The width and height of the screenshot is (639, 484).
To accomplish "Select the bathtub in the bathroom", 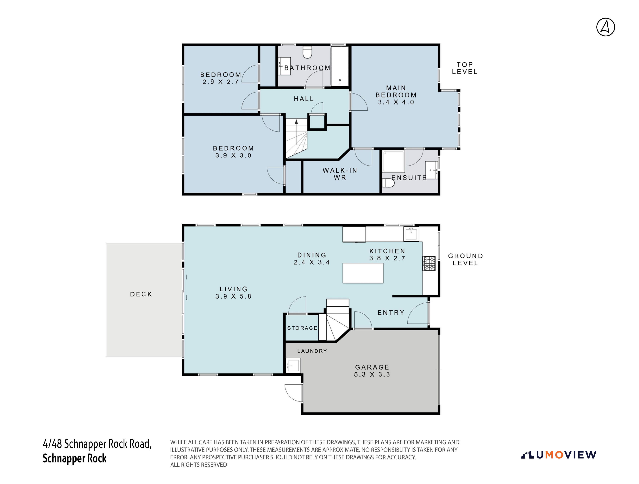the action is [x=340, y=66].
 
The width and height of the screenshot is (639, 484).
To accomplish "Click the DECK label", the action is [x=141, y=294].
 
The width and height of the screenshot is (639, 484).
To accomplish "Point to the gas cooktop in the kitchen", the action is [x=429, y=263].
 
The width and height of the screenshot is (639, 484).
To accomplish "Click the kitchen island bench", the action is [x=363, y=273].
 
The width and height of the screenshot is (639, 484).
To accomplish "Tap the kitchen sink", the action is [x=411, y=234].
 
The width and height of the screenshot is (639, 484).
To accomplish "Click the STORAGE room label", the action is [x=302, y=328].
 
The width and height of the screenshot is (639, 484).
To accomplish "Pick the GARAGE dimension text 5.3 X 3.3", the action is [x=372, y=374].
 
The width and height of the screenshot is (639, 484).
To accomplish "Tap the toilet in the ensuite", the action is [x=388, y=183].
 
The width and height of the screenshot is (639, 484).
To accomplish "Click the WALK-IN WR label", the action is [x=340, y=174].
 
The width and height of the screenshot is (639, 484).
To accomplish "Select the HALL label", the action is [x=304, y=99].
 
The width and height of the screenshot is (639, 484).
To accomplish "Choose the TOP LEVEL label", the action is [x=465, y=68].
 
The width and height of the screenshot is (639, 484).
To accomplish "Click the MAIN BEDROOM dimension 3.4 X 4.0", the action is [x=396, y=102].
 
